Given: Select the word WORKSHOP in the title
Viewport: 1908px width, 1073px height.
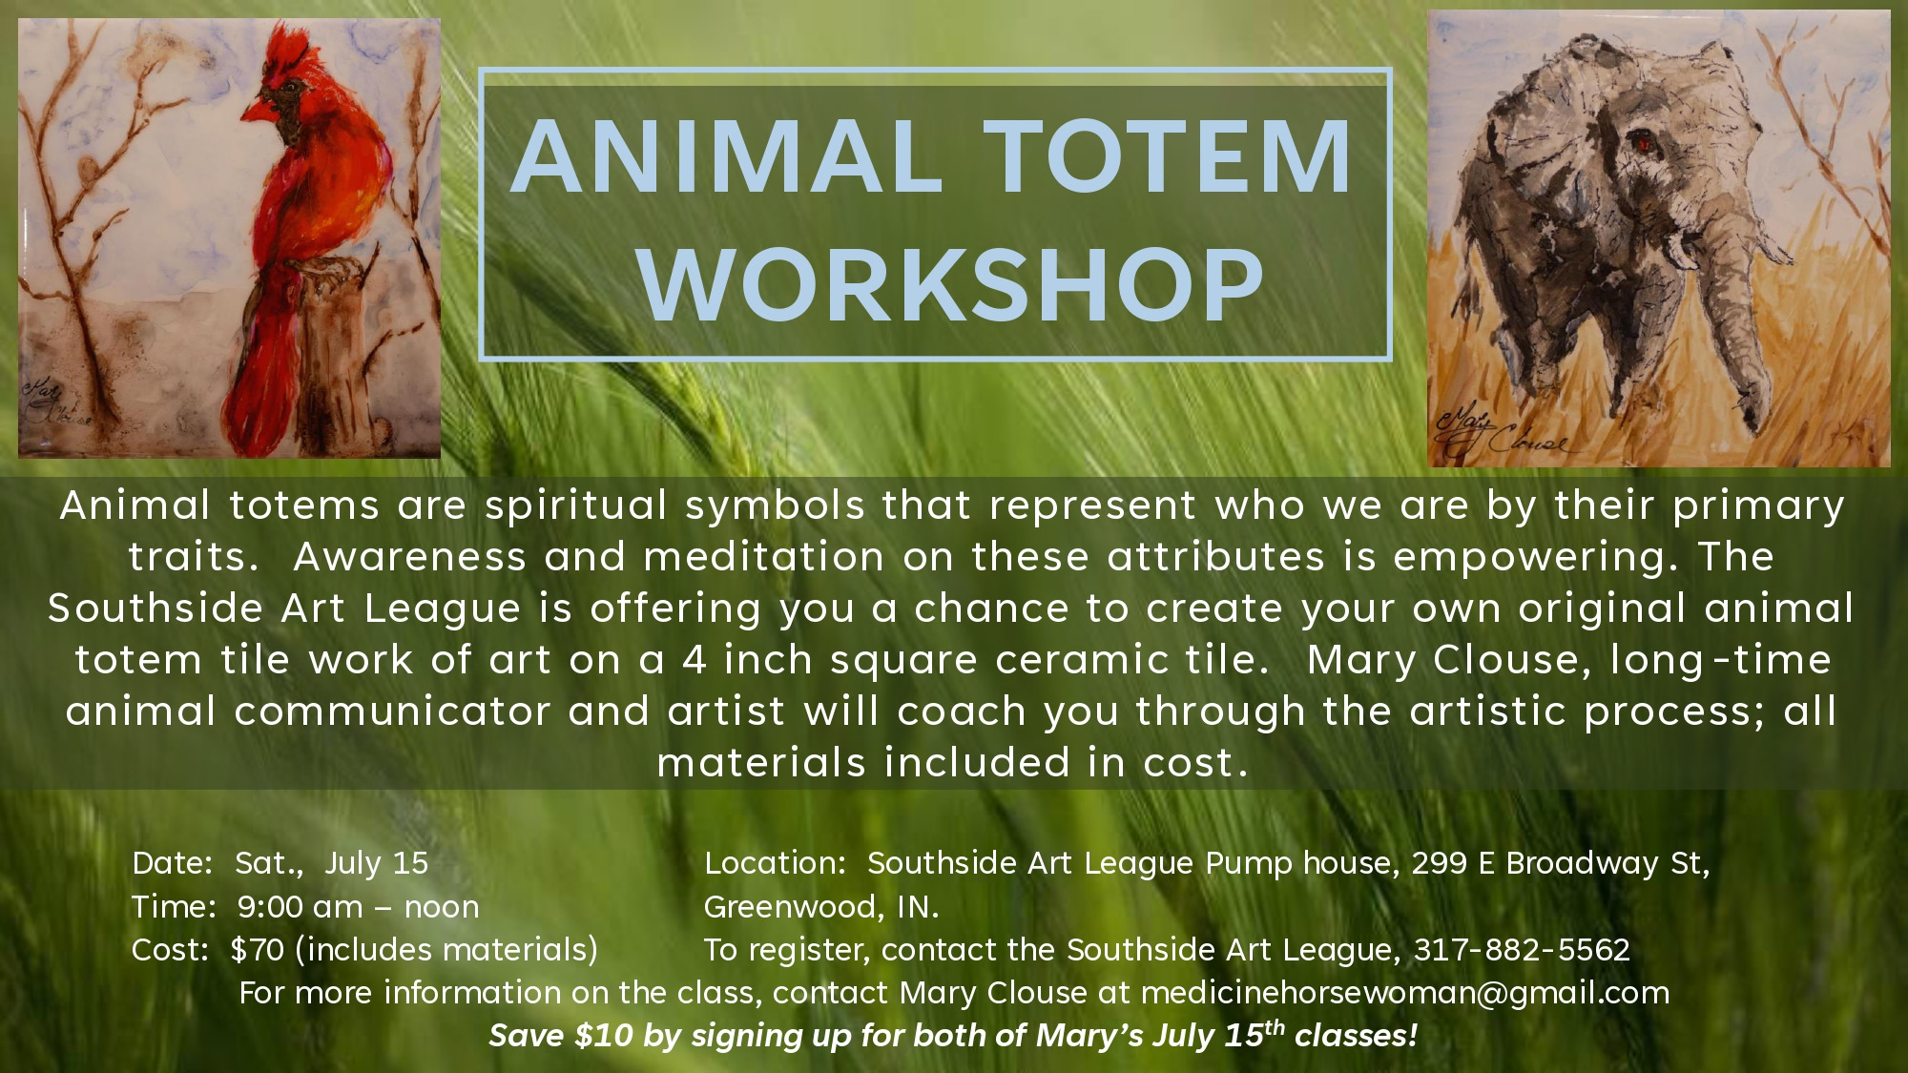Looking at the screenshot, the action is pyautogui.click(x=952, y=284).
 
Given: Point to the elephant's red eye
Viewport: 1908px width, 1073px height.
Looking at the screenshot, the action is pyautogui.click(x=1643, y=144).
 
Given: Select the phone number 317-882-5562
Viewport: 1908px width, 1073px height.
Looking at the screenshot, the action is pyautogui.click(x=1522, y=950).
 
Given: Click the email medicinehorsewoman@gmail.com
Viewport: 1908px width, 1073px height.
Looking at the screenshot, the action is pyautogui.click(x=1405, y=993).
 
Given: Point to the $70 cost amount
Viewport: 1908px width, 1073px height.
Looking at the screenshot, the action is pyautogui.click(x=258, y=950).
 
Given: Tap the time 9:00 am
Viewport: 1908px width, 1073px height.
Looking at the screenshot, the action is pyautogui.click(x=300, y=906).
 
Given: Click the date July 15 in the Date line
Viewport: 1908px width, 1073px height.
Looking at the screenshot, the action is pyautogui.click(x=377, y=863).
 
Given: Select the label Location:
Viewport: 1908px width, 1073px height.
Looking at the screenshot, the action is pyautogui.click(x=775, y=863).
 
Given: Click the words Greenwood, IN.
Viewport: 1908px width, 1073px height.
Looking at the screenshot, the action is pyautogui.click(x=821, y=906).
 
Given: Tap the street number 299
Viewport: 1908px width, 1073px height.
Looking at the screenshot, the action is pyautogui.click(x=1440, y=863).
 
